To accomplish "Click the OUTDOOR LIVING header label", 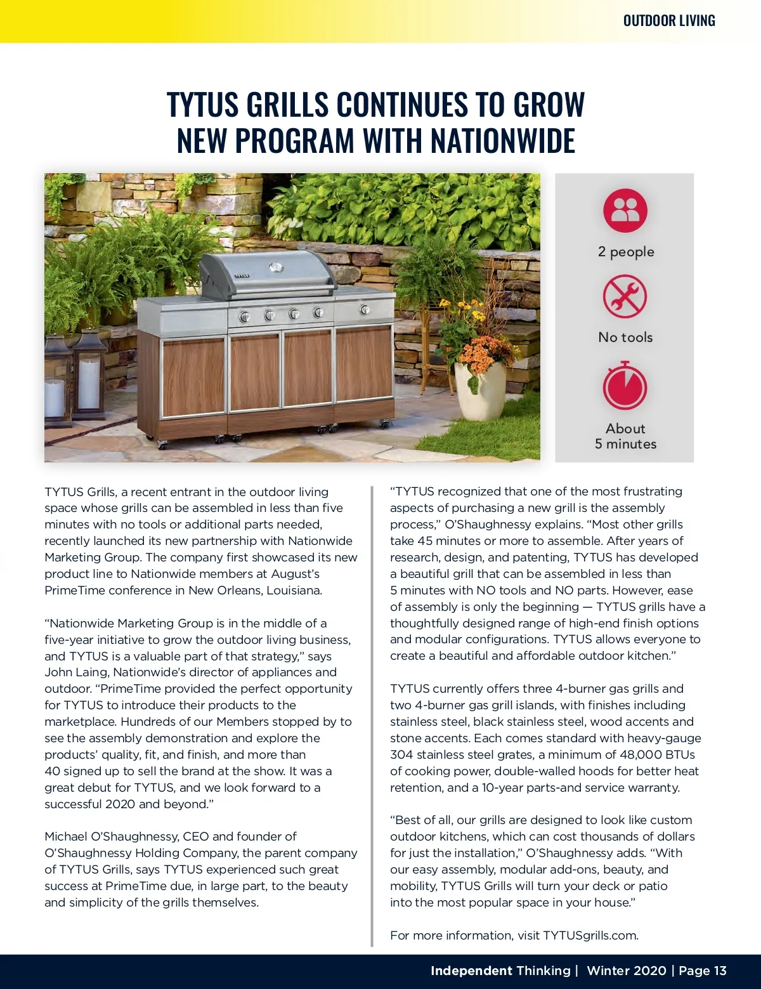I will pyautogui.click(x=668, y=21).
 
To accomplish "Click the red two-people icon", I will pyautogui.click(x=625, y=210).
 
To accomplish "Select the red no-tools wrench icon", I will pyautogui.click(x=625, y=296).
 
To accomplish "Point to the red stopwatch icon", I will pyautogui.click(x=625, y=386).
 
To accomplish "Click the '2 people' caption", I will pyautogui.click(x=625, y=252).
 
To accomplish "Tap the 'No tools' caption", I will pyautogui.click(x=625, y=337).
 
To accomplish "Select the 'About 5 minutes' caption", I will pyautogui.click(x=625, y=436).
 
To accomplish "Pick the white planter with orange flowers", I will pyautogui.click(x=480, y=388).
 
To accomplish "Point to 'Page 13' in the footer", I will pyautogui.click(x=703, y=971).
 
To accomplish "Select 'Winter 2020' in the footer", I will pyautogui.click(x=626, y=971).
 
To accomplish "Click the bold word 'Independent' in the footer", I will pyautogui.click(x=471, y=971).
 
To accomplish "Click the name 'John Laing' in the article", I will pyautogui.click(x=74, y=672).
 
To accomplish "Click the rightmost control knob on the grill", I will pyautogui.click(x=365, y=310).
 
